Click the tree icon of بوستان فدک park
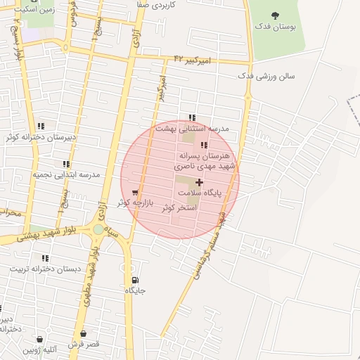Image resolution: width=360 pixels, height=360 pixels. (x=274, y=15)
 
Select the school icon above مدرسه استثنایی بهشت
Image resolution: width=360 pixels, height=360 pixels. (x=191, y=117)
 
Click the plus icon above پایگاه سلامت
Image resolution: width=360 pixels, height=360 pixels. (x=200, y=182)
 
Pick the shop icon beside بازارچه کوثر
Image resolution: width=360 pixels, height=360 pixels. (x=134, y=192)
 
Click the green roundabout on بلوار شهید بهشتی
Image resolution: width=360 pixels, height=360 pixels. (x=98, y=229)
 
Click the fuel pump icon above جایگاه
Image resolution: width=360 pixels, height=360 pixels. (x=135, y=279)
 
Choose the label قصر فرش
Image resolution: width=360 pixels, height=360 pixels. (x=84, y=344)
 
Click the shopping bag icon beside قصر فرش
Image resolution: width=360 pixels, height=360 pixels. (x=84, y=333)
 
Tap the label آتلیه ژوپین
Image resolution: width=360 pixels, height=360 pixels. (x=39, y=349)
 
